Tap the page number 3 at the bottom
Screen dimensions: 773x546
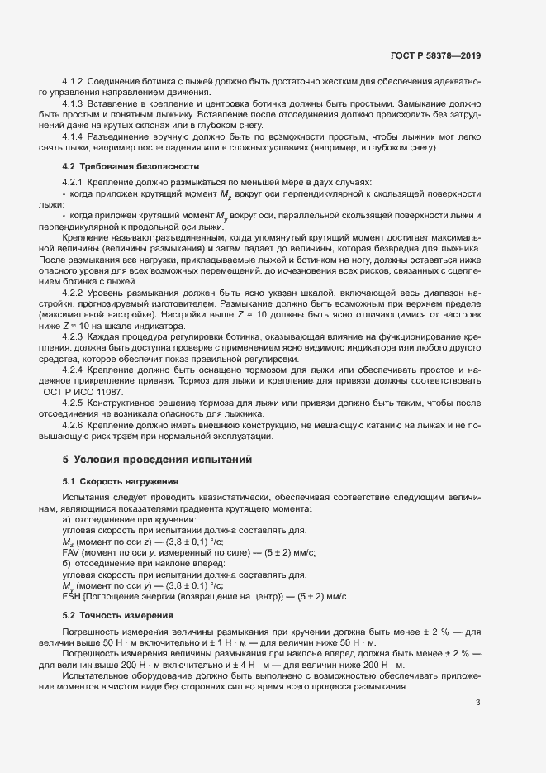[477, 703]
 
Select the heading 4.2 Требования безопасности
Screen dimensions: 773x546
[121, 166]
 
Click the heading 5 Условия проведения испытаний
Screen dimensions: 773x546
[156, 458]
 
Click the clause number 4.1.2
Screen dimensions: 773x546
[74, 83]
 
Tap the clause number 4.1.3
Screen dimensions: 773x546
[74, 103]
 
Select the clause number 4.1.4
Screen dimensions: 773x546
[74, 136]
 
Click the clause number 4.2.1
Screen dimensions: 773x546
[74, 182]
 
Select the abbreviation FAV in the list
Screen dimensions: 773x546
[72, 552]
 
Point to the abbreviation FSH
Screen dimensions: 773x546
[72, 596]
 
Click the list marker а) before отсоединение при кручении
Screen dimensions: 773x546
[66, 519]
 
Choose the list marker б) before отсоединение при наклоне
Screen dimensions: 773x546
[66, 563]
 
